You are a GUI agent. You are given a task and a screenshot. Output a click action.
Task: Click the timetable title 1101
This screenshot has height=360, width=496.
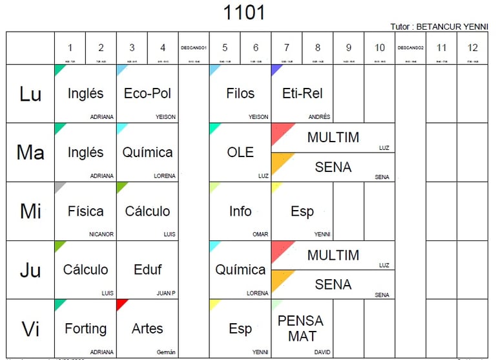click(244, 12)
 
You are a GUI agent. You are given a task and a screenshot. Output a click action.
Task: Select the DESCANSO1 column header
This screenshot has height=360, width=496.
click(194, 48)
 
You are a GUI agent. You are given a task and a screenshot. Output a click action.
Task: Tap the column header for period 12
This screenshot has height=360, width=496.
click(472, 48)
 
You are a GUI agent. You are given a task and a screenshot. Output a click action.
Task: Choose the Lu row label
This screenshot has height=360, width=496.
click(30, 94)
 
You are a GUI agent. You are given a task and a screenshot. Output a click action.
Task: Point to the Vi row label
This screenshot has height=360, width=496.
click(30, 329)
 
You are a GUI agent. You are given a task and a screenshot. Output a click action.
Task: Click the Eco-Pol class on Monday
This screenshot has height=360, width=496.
click(147, 93)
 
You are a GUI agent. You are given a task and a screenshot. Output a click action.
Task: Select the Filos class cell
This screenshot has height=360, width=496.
click(240, 93)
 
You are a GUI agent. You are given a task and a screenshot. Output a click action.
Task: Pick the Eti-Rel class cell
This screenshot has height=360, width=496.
click(302, 93)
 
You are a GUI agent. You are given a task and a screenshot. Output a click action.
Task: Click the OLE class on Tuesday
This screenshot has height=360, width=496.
click(240, 152)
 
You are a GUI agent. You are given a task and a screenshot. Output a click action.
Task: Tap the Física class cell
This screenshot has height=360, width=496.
click(85, 211)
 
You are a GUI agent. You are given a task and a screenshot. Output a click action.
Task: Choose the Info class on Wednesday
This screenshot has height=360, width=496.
click(240, 211)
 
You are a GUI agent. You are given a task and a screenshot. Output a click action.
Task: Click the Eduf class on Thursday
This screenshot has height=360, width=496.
click(147, 270)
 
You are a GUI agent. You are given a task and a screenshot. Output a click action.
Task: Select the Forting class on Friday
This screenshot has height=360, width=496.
click(85, 328)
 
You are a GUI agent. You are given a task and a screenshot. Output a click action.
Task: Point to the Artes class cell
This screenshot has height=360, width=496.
click(147, 328)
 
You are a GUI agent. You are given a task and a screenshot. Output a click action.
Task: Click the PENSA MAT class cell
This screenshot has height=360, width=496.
click(302, 328)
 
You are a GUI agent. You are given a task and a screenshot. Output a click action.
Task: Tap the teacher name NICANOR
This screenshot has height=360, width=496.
click(101, 235)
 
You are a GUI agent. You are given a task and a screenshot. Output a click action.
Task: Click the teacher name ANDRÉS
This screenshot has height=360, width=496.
click(319, 117)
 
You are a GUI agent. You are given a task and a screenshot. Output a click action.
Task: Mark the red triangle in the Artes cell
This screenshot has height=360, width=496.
click(121, 303)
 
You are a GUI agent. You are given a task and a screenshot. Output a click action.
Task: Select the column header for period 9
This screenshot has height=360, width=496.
click(349, 48)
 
